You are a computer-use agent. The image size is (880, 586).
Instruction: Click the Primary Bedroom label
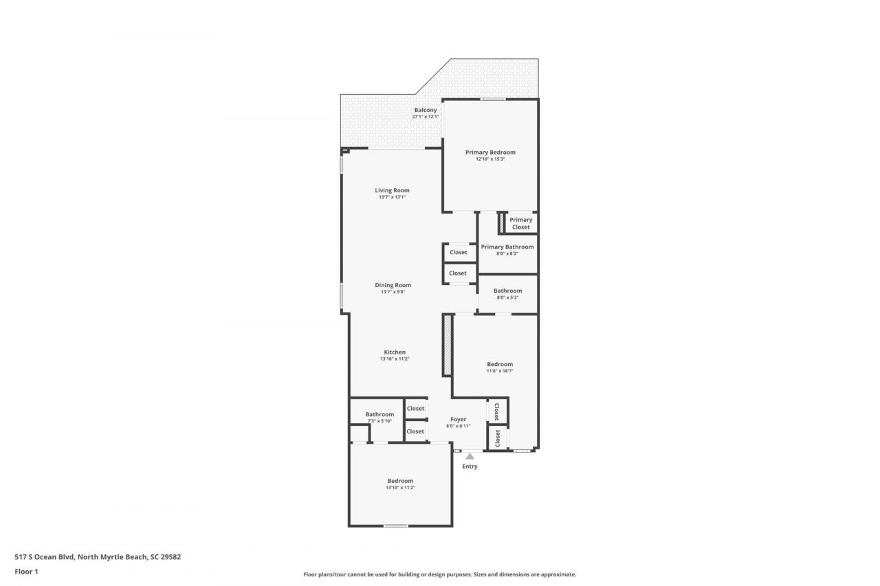[490, 153]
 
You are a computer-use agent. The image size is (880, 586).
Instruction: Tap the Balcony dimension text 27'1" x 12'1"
[425, 117]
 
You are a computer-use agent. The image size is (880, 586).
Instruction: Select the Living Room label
[392, 190]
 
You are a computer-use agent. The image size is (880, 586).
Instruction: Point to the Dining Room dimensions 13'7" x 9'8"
[393, 292]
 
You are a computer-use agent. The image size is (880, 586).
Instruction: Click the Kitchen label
[395, 352]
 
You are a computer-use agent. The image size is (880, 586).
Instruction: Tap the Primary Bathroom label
[507, 247]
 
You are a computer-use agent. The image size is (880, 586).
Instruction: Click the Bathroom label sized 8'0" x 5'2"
[507, 291]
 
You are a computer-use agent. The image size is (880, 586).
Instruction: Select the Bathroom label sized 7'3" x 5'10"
[379, 414]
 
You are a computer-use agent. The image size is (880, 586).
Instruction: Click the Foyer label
[458, 419]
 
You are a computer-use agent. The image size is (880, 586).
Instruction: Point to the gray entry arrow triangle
[470, 455]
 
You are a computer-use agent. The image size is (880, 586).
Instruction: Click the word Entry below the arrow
[470, 466]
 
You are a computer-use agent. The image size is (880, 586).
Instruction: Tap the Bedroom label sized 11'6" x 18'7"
[500, 364]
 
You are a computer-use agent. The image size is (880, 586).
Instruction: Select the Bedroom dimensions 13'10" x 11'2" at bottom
[400, 488]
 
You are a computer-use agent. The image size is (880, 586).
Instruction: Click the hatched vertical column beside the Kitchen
[447, 345]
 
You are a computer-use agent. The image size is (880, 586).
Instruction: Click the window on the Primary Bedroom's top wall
[493, 100]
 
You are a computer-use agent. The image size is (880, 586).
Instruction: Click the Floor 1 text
[26, 571]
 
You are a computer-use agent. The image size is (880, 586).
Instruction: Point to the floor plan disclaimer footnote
[439, 574]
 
